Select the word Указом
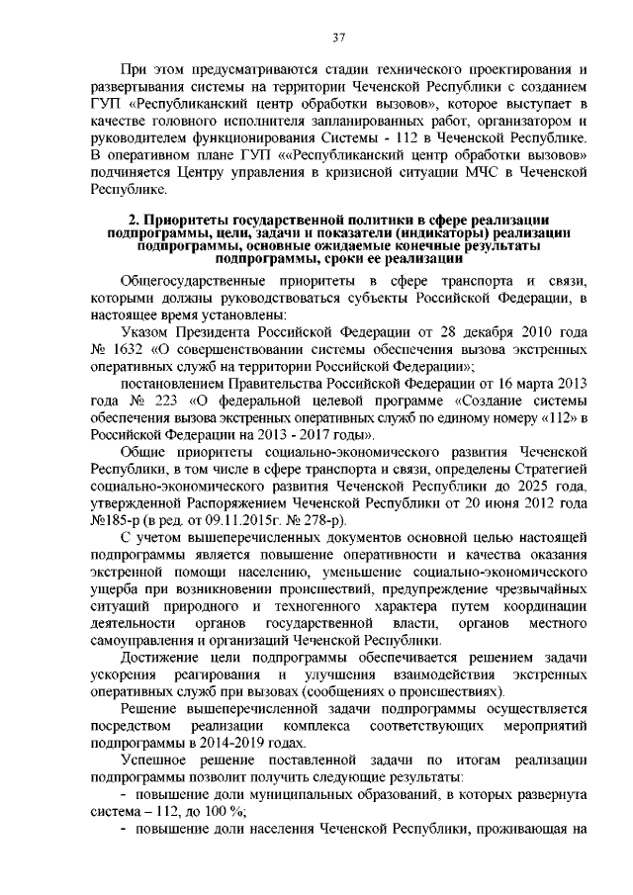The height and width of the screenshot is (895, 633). tap(143, 330)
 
